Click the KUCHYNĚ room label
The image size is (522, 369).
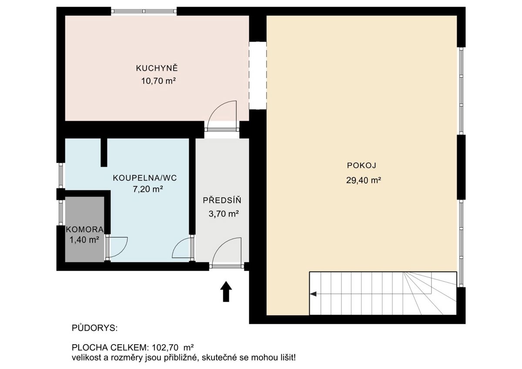157,68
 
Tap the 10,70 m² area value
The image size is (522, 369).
158,81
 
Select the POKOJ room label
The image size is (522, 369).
361,165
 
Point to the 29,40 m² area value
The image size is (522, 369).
364,180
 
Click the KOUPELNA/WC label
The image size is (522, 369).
145,178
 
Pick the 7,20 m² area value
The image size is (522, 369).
148,189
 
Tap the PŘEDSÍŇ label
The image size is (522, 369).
222,200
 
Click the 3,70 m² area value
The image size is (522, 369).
224,214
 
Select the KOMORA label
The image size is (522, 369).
85,229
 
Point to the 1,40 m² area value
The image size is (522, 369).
84,240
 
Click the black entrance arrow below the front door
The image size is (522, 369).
226,292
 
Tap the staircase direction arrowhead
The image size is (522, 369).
313,294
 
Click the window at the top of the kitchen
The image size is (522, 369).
144,11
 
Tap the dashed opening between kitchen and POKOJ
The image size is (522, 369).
258,76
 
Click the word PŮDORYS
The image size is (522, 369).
95,328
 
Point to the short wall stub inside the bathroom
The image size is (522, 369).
104,152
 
